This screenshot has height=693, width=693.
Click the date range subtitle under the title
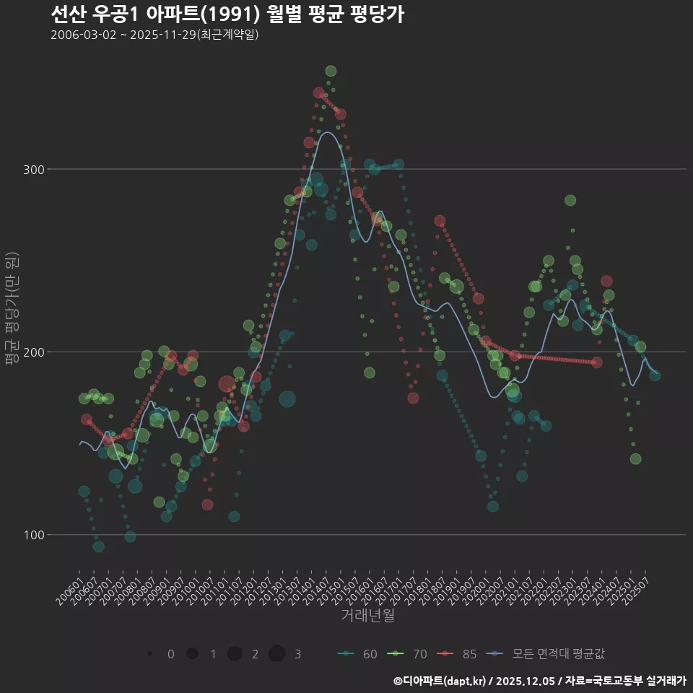(154, 35)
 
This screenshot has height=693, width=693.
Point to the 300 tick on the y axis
(36, 170)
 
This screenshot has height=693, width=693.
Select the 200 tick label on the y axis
(36, 352)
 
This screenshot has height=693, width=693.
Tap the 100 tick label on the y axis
(36, 535)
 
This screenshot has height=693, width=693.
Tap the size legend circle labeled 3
(277, 654)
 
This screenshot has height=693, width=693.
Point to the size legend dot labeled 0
(149, 654)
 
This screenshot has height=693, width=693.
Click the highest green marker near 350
(331, 71)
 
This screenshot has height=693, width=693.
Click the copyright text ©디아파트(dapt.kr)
(440, 681)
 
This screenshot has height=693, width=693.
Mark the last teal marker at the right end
(655, 375)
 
